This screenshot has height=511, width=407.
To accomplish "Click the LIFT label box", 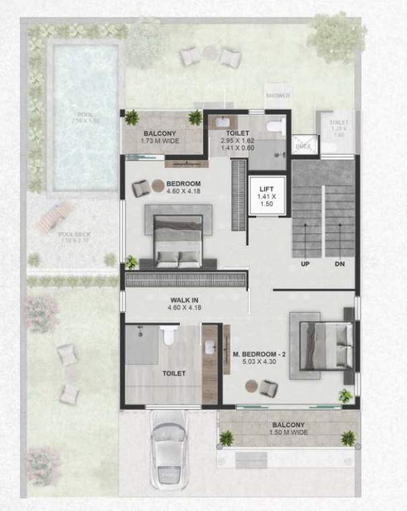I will (264, 196).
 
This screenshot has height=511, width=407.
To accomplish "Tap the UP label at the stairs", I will (305, 264).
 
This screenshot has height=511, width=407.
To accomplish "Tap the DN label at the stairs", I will (340, 264).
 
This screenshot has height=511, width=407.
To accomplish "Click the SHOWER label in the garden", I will (278, 96).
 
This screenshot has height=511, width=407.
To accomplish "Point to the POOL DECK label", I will (75, 237).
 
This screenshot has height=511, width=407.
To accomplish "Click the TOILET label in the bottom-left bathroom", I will (173, 373).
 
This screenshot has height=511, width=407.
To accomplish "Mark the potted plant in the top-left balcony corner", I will (129, 119).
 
